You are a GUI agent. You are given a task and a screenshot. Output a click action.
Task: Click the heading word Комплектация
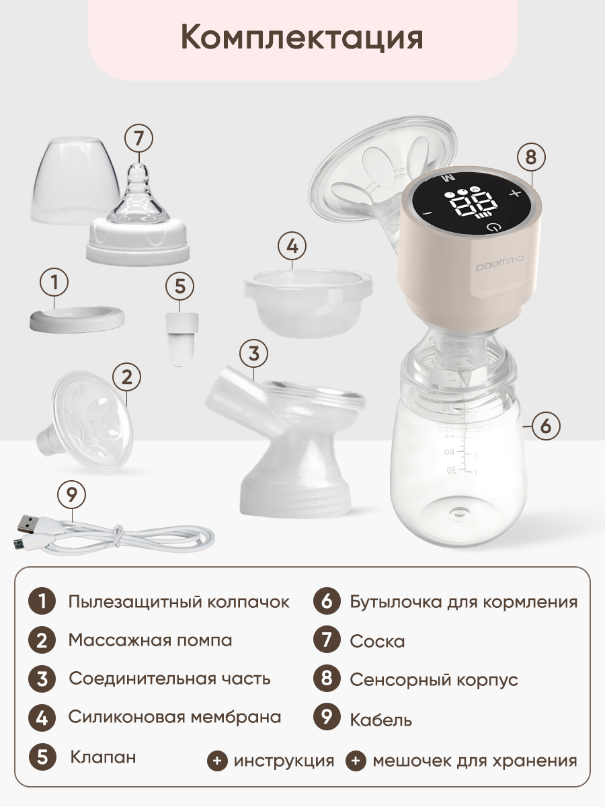tap(302, 38)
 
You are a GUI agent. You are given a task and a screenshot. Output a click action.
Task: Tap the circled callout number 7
tap(138, 139)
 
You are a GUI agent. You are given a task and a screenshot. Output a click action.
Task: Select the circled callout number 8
tap(531, 157)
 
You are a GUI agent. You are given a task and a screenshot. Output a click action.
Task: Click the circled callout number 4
tap(292, 246)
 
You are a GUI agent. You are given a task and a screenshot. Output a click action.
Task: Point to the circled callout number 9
tap(72, 495)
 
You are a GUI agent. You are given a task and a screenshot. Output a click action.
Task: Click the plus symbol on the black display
tap(516, 192)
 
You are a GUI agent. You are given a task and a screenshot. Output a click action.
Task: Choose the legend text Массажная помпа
tap(150, 640)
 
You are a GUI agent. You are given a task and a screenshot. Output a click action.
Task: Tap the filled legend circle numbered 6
tap(327, 602)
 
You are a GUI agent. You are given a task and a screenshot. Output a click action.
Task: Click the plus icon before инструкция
tap(217, 761)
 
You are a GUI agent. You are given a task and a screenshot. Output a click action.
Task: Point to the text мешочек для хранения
tap(475, 761)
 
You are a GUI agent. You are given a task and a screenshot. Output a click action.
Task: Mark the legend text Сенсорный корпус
tap(434, 679)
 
